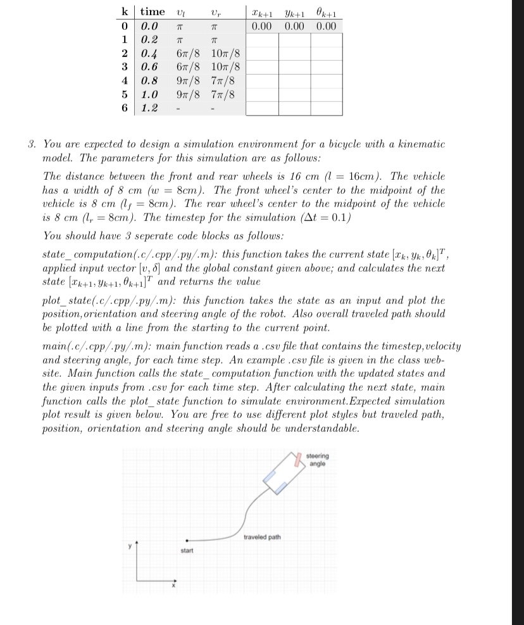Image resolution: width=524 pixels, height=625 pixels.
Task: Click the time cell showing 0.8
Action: (149, 80)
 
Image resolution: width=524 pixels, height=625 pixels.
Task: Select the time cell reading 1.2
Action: (149, 108)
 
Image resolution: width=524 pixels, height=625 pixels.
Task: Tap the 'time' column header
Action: (153, 11)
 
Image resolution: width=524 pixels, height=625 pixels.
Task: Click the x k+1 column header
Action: (262, 13)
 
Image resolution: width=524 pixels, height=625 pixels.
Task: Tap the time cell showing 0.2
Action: (149, 39)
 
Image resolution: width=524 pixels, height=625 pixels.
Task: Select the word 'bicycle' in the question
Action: (329, 144)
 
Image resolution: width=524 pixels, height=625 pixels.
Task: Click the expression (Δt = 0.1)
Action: (318, 218)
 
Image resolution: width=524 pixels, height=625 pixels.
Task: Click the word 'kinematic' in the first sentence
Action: (421, 144)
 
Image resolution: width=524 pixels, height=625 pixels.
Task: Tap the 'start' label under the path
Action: (186, 551)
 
